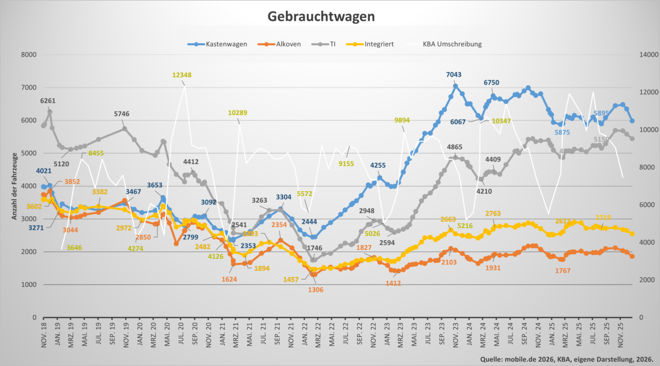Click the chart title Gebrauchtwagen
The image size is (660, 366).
tap(321, 16)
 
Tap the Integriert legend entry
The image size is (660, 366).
tap(378, 44)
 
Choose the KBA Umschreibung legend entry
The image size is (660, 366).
tap(452, 44)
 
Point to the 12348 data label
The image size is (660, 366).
tap(182, 75)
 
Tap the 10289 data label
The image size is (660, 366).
tap(238, 113)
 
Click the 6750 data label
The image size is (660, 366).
tap(491, 83)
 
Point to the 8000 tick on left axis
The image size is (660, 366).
tap(29, 55)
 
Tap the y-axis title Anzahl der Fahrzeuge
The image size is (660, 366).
tap(15, 186)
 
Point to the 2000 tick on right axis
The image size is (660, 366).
tap(647, 280)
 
